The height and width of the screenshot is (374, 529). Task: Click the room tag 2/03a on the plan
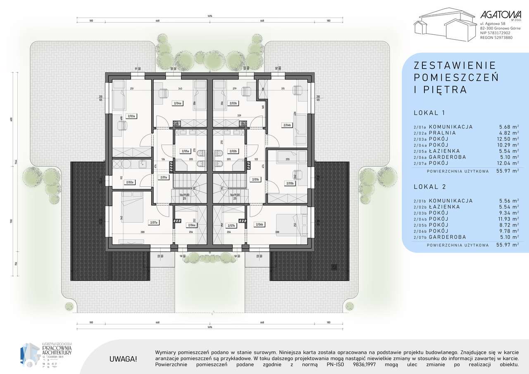(131, 117)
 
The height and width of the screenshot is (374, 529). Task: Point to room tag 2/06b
(259, 224)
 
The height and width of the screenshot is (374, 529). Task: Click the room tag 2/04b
(286, 125)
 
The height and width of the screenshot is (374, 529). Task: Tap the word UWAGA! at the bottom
(123, 359)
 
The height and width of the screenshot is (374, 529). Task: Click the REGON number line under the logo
(496, 38)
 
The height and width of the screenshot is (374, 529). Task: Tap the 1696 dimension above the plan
(210, 16)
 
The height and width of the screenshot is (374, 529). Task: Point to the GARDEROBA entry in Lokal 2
(447, 237)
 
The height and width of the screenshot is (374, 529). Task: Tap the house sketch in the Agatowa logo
(444, 25)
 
